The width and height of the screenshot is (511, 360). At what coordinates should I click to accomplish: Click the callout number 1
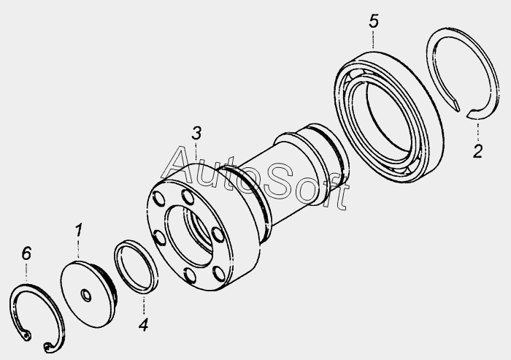tap(79, 231)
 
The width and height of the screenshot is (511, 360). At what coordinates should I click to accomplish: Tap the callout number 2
tap(477, 151)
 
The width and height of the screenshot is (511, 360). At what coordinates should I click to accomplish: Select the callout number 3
tap(196, 134)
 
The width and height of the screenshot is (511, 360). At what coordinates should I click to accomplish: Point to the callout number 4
tap(143, 325)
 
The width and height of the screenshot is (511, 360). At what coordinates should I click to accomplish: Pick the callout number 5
tap(374, 21)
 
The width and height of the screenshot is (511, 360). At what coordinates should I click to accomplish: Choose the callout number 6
tap(27, 253)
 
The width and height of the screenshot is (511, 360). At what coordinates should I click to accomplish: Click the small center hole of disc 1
tap(86, 296)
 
